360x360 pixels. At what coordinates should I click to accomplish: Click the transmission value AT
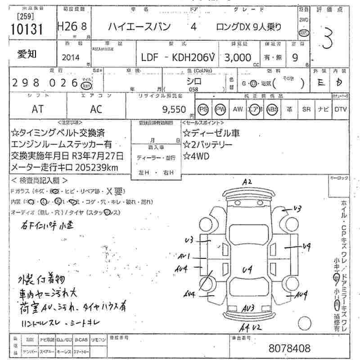38,109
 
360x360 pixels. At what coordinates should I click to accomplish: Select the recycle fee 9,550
173,109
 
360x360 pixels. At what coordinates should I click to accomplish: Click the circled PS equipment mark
203,109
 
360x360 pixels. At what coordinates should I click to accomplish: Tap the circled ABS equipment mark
271,109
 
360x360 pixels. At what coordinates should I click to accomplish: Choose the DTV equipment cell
340,109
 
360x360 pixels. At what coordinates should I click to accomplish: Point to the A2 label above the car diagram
247,182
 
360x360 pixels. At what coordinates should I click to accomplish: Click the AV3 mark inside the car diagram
248,308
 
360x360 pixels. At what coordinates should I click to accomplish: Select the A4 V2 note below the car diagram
250,327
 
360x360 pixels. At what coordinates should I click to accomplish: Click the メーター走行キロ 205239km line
64,167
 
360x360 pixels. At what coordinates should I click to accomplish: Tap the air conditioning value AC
96,109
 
